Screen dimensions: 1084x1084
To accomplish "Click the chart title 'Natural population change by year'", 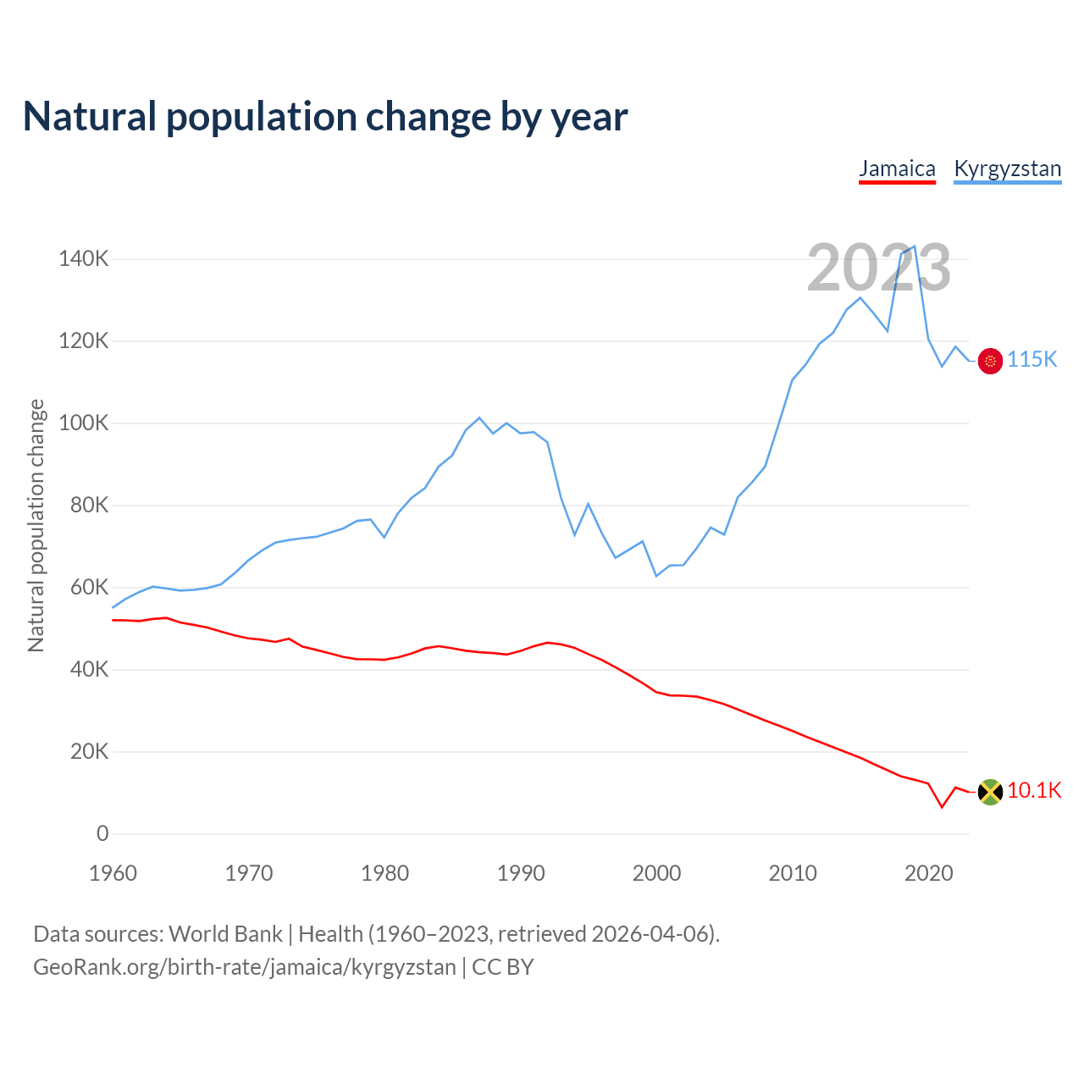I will click(325, 117).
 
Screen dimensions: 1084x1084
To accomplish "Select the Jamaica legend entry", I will click(897, 169).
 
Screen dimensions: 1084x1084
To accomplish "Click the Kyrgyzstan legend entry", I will click(1007, 169).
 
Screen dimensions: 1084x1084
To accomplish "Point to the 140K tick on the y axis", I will click(84, 259).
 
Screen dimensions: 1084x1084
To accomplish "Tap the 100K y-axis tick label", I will click(84, 423).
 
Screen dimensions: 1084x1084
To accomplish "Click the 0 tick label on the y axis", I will click(102, 834).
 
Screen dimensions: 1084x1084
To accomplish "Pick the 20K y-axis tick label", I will click(89, 752).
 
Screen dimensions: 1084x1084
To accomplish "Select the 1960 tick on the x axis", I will click(113, 873).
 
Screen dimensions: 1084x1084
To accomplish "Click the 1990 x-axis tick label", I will click(521, 873).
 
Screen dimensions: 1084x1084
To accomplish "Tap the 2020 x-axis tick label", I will click(929, 873).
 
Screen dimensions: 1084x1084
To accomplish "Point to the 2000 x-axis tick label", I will click(656, 873).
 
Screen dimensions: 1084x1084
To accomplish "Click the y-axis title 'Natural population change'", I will click(36, 526).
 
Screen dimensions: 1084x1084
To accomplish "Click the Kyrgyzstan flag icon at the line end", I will click(990, 361).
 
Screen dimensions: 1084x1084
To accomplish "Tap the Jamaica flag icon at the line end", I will click(990, 792).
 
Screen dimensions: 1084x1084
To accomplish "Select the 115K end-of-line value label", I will click(1032, 360).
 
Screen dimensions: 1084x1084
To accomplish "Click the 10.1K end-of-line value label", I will click(1034, 791).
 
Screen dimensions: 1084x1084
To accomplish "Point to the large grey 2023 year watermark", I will click(878, 268).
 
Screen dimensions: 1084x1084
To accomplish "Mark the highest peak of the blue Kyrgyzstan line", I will click(915, 246).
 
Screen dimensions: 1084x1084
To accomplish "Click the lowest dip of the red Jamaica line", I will click(942, 807).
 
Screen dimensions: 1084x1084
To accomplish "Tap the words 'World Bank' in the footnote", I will click(225, 934).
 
